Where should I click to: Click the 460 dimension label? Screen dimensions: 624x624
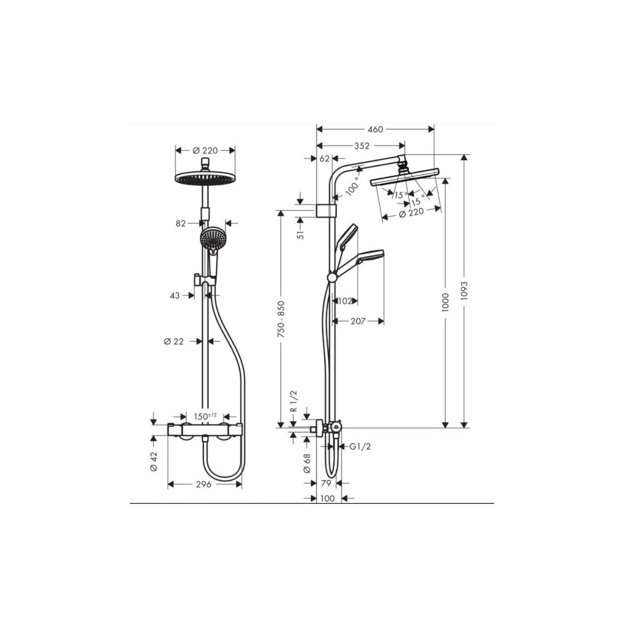[375, 129]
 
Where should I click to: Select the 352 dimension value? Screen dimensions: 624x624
[362, 146]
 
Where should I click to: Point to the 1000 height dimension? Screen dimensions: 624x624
[446, 302]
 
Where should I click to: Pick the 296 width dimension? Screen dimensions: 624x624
[204, 493]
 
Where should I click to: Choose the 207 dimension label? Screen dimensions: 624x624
[358, 321]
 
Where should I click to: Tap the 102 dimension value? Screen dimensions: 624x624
[345, 301]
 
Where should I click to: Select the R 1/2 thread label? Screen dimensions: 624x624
[293, 401]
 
